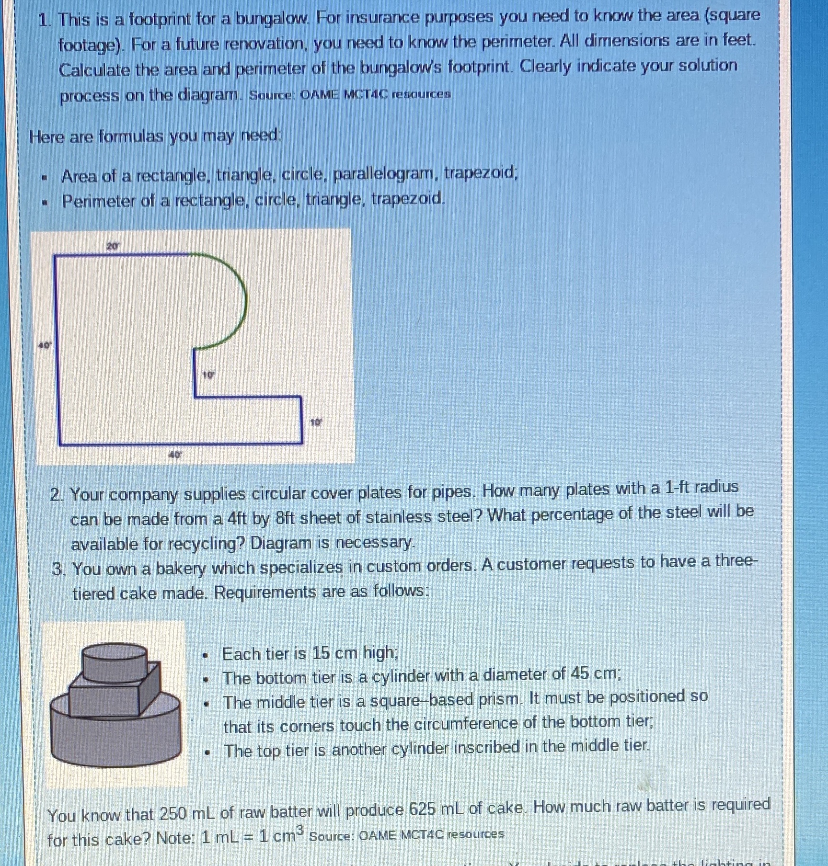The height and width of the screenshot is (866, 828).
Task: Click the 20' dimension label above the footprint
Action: [x=112, y=247]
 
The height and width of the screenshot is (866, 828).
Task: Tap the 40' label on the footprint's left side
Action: [x=44, y=345]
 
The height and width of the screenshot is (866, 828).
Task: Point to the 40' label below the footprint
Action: [x=175, y=455]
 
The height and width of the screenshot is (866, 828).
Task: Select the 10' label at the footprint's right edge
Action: [x=316, y=422]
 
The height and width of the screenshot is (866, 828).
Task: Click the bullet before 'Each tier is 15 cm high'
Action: [x=205, y=655]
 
